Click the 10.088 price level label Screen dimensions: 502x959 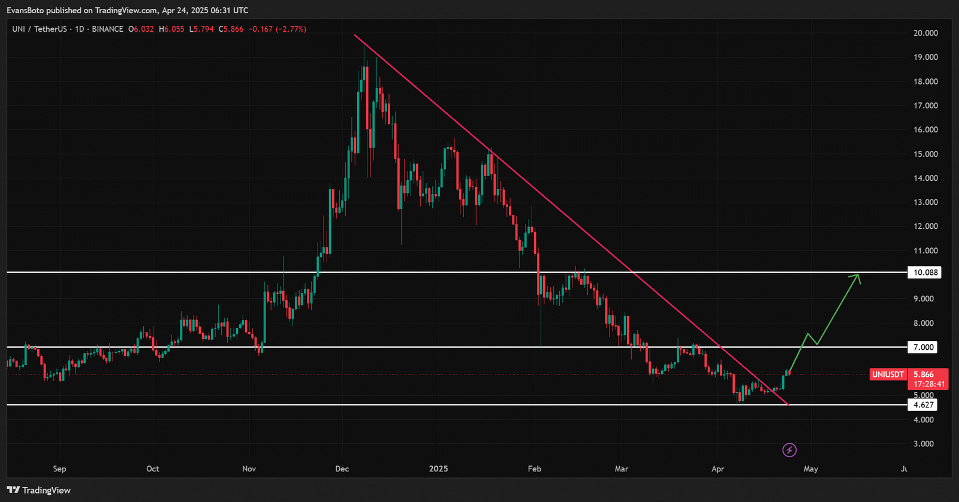925,273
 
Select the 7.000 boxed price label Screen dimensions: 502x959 923,347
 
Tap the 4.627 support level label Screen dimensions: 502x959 923,405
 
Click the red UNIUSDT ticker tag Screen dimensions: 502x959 888,374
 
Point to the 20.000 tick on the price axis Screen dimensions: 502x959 925,33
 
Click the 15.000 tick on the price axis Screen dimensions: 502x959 925,154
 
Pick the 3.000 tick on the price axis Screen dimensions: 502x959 923,444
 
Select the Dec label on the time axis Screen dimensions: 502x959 342,468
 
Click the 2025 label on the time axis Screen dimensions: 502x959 438,468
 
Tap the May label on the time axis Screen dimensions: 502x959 810,468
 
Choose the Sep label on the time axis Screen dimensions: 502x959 59,468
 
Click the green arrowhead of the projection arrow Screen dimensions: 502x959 857,277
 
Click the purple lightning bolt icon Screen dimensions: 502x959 789,450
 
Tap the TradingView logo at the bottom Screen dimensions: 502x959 39,490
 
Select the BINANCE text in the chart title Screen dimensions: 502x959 107,29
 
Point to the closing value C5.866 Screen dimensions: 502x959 231,29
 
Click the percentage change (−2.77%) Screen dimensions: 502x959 291,29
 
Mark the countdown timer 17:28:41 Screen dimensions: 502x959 928,384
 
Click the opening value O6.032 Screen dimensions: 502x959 141,29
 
